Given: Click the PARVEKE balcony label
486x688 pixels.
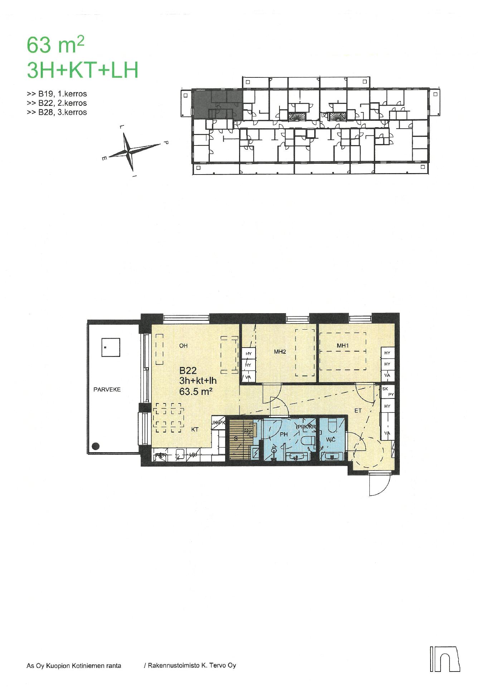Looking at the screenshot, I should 107,390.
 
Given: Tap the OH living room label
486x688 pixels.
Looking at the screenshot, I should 183,346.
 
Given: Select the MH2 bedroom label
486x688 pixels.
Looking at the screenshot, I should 280,352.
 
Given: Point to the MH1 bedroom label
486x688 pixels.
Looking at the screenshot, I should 343,346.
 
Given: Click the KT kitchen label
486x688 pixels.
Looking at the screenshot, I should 195,429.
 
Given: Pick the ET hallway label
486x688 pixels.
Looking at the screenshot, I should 358,411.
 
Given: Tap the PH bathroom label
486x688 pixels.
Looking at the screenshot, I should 284,434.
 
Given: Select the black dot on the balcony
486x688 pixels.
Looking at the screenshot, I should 96,446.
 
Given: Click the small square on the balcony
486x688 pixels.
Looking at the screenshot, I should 111,347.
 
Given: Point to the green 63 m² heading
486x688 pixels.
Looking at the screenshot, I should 55,46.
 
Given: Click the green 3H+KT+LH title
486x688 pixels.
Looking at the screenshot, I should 83,70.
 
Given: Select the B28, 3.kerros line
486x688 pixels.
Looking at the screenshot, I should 57,112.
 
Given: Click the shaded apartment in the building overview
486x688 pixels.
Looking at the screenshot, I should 218,104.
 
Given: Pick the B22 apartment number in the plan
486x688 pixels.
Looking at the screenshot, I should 189,371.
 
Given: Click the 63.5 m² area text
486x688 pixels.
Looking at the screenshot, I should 196,391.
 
